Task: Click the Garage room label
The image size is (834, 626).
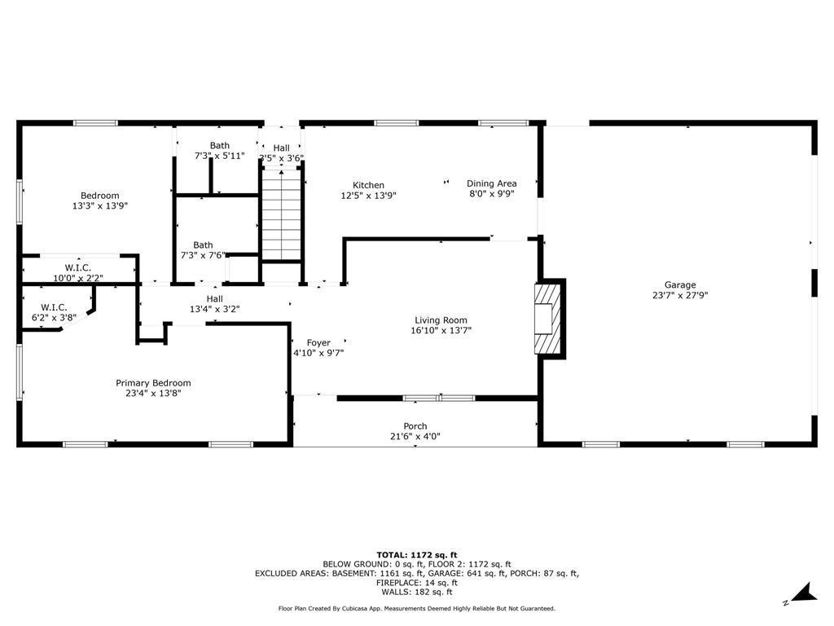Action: click(680, 284)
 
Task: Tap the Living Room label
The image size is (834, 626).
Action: click(441, 320)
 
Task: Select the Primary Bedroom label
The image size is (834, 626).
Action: click(153, 383)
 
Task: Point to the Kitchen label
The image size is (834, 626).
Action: click(368, 185)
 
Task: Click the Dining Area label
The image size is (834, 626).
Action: click(491, 183)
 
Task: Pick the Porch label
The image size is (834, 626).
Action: click(415, 425)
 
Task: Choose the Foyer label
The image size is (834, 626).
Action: click(318, 343)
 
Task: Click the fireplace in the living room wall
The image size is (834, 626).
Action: click(548, 319)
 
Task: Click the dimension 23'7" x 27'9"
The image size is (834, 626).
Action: click(680, 295)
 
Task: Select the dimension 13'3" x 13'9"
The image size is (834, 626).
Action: click(100, 205)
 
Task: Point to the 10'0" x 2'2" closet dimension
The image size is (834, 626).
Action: click(78, 278)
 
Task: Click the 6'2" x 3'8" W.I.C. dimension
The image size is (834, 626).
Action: click(54, 318)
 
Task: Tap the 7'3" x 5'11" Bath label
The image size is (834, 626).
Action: click(220, 151)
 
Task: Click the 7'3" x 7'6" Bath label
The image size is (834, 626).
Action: click(203, 250)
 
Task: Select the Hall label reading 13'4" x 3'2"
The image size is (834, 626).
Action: click(215, 304)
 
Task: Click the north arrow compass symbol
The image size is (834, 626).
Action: click(803, 593)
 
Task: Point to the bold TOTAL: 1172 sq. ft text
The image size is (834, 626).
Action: click(417, 554)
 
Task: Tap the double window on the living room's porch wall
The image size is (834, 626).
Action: click(439, 398)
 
